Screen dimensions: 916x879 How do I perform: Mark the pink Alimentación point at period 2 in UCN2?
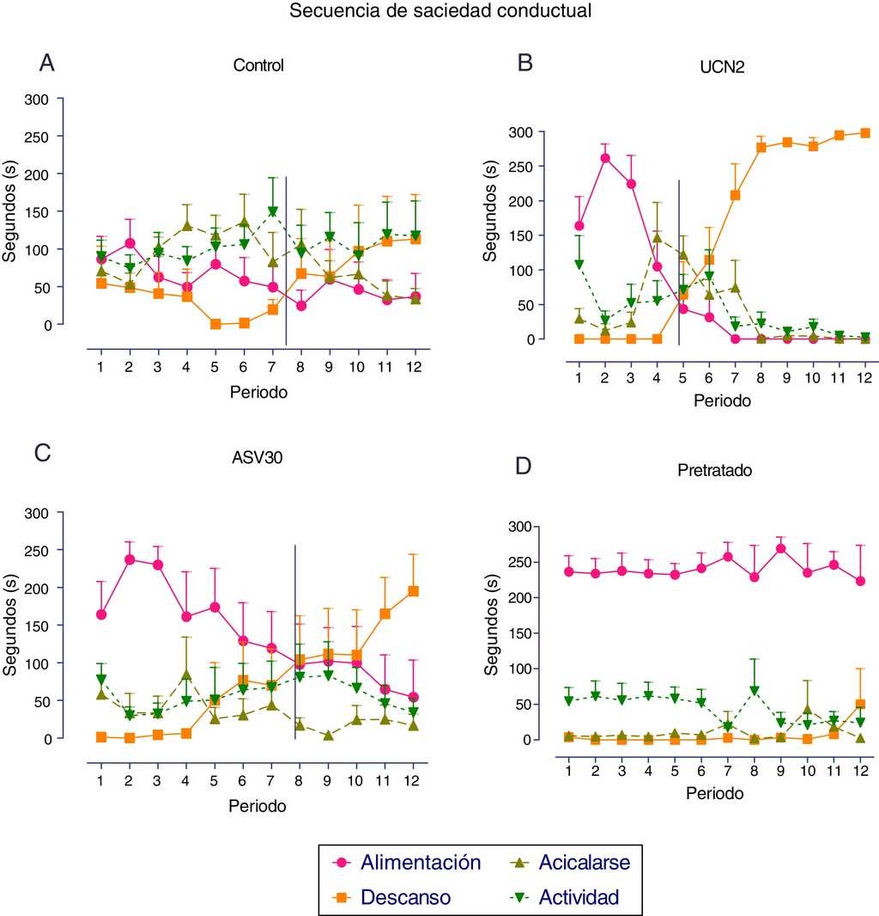tap(605, 158)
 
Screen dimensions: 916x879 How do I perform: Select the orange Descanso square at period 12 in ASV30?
tap(414, 591)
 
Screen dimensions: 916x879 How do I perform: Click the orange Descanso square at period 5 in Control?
tap(215, 324)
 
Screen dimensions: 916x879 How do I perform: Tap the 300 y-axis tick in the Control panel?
tap(42, 99)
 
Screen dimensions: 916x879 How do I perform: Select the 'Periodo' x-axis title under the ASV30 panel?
tap(258, 807)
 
